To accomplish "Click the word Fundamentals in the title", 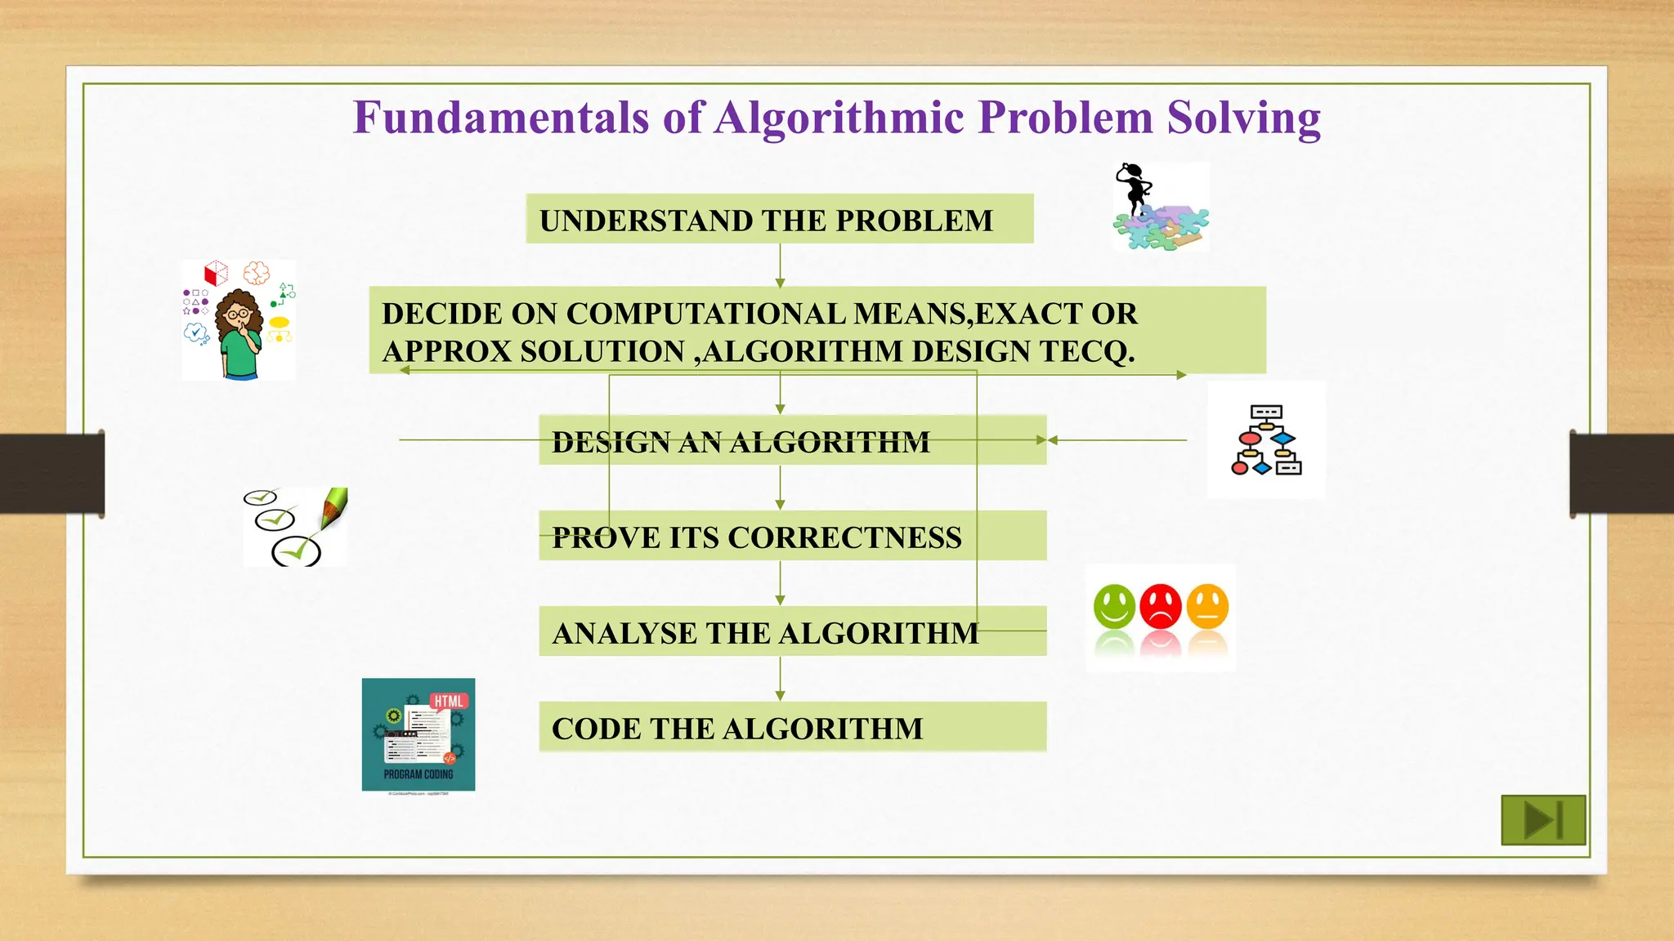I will (501, 117).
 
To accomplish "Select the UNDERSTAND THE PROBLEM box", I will (779, 219).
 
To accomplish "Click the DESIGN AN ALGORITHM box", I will (791, 441).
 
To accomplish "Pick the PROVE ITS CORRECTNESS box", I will (791, 536).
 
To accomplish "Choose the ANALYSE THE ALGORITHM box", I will (791, 631).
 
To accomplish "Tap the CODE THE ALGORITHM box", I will (791, 727).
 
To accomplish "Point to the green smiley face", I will (1114, 606).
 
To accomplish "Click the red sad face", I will (1161, 606).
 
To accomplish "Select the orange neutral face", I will (1207, 606).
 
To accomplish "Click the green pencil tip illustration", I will (334, 507).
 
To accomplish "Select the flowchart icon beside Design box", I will (1266, 440).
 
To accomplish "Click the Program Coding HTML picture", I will (418, 734).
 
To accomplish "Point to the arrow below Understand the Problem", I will (780, 265).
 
